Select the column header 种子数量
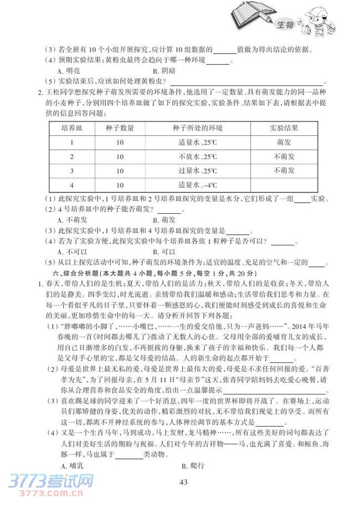120,129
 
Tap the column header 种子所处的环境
197,129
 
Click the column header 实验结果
284,129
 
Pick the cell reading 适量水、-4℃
197,185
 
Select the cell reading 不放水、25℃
197,157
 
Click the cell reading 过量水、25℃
197,171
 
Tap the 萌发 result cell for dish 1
284,142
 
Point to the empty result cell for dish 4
284,185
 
